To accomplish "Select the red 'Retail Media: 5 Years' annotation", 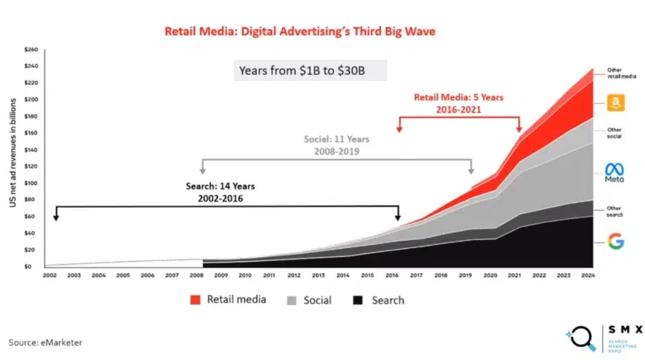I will [x=459, y=102].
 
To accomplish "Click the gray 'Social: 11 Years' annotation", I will [x=336, y=144].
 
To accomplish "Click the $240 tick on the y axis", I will [x=32, y=49].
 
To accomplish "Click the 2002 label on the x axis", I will [x=50, y=276].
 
